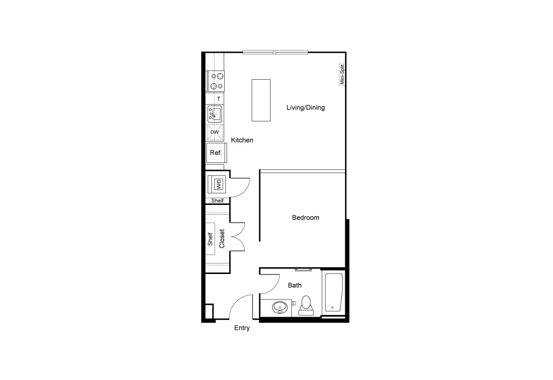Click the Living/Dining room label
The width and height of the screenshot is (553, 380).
pos(305,107)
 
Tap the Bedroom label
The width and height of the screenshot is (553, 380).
pos(305,217)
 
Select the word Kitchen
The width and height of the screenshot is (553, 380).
pos(242,140)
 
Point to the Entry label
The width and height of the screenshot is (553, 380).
pos(242,328)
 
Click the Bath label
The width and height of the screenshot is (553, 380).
pos(295,285)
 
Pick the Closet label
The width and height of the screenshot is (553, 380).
pos(222,238)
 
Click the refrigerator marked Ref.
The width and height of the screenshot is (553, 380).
pos(216,153)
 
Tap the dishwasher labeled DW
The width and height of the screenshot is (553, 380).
pos(215,132)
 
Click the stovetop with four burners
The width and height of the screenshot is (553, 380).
pos(216,82)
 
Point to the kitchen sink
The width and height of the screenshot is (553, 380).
pos(215,114)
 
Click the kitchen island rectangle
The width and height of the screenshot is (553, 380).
pos(261,100)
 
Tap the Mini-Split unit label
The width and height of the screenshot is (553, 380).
pos(342,74)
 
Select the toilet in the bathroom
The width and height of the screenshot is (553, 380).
pos(306,305)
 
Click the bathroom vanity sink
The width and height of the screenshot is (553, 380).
pos(280,308)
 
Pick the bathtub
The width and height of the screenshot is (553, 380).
pos(333,293)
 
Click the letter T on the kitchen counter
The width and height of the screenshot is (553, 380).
pos(219,99)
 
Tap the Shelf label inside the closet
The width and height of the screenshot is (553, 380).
pos(210,239)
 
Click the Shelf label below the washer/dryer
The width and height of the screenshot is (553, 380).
pos(217,201)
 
